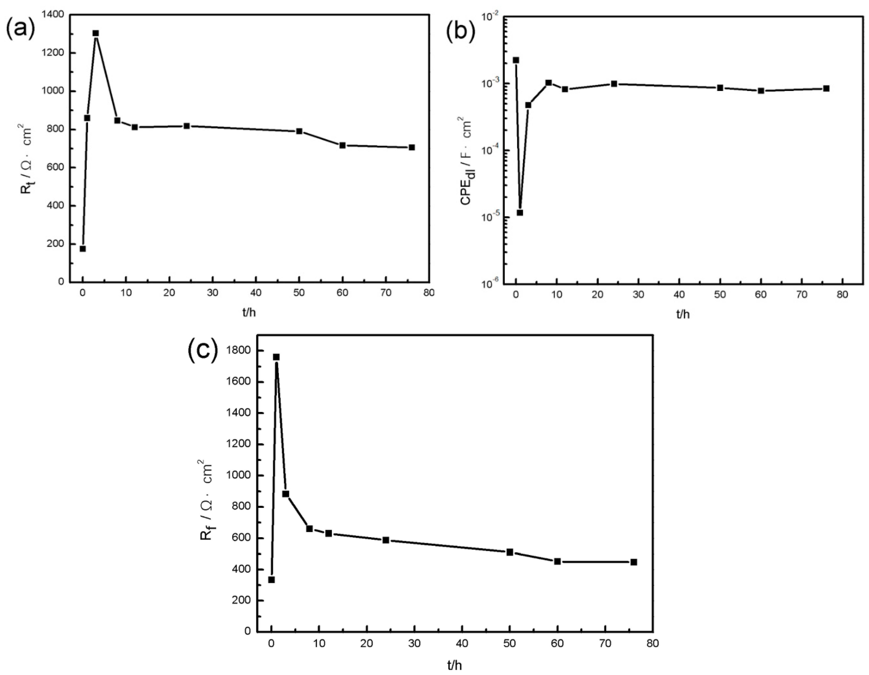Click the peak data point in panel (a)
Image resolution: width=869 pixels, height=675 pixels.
point(95,34)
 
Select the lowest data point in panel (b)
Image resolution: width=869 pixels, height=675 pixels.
point(520,213)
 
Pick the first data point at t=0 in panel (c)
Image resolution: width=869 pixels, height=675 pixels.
point(271,579)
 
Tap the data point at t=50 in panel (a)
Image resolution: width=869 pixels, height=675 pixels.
point(299,131)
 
